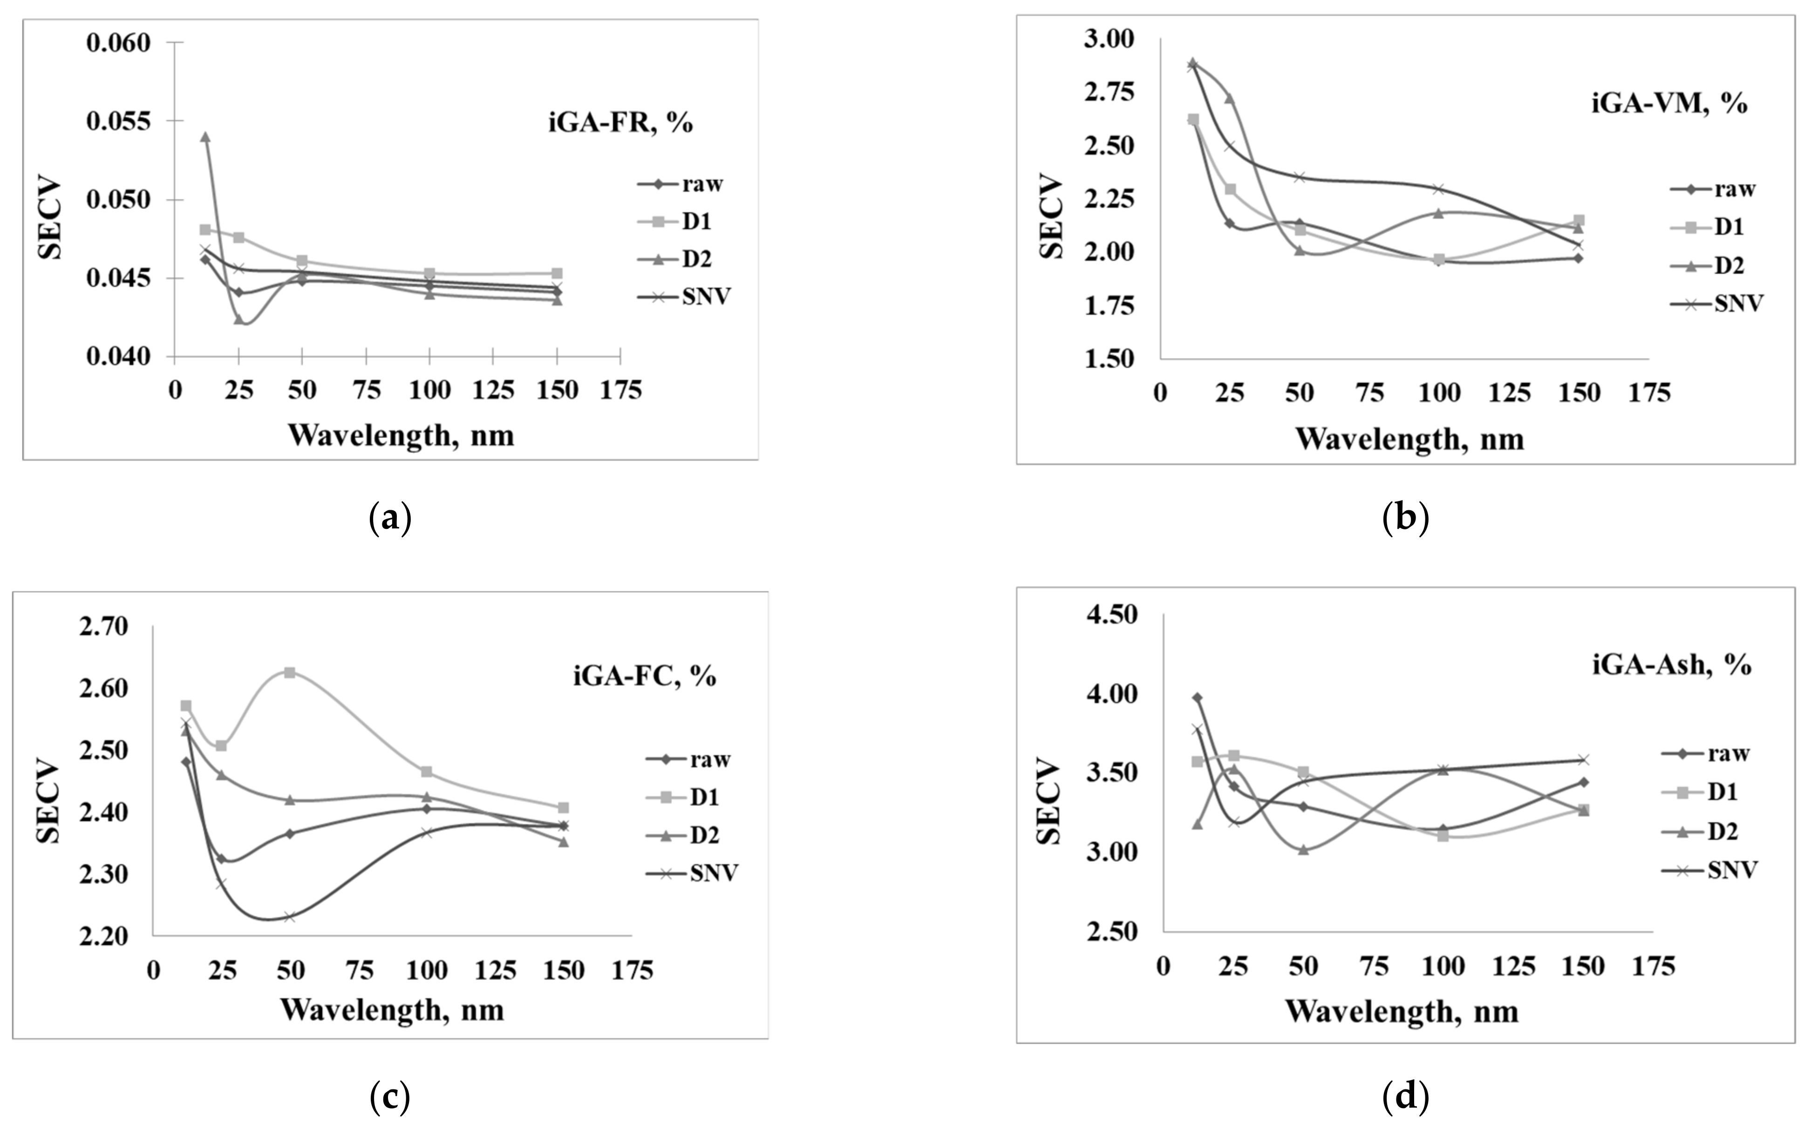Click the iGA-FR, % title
pyautogui.click(x=620, y=122)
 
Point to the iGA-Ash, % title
pyautogui.click(x=1672, y=665)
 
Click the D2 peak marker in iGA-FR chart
pyautogui.click(x=205, y=137)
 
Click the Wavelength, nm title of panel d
pyautogui.click(x=1402, y=1011)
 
